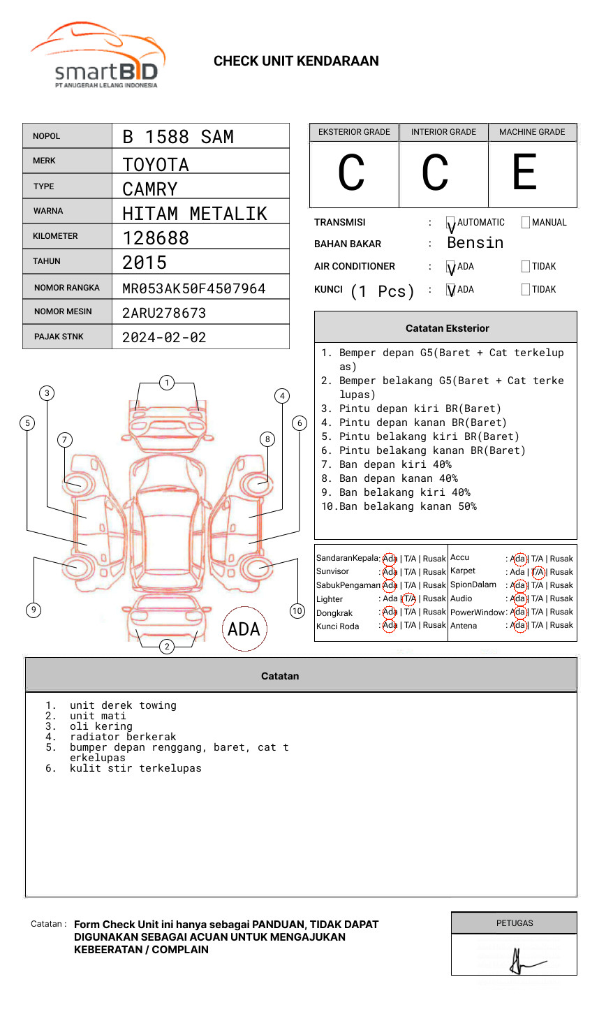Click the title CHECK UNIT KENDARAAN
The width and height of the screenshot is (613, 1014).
[296, 61]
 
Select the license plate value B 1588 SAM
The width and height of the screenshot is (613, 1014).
[178, 137]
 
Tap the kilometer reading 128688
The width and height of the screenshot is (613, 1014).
[156, 238]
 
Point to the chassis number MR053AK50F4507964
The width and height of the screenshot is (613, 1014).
[193, 288]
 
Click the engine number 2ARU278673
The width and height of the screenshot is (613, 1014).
[164, 313]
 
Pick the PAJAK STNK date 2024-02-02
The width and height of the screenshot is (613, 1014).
[164, 337]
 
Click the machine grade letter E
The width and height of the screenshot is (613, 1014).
[525, 172]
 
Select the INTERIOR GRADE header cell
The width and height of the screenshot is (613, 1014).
[443, 132]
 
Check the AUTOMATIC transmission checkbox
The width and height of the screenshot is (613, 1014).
[451, 223]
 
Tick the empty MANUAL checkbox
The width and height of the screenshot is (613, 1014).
[526, 223]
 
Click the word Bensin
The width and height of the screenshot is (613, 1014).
[475, 243]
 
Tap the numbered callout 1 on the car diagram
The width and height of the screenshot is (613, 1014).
[166, 383]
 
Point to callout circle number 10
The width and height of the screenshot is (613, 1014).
[297, 611]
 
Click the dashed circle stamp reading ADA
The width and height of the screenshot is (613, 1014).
[244, 629]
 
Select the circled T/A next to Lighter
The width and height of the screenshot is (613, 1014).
[409, 598]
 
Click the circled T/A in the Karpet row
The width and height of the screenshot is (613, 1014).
[538, 572]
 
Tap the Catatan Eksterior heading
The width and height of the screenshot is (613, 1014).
[447, 328]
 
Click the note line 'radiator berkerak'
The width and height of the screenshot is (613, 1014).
[123, 737]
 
